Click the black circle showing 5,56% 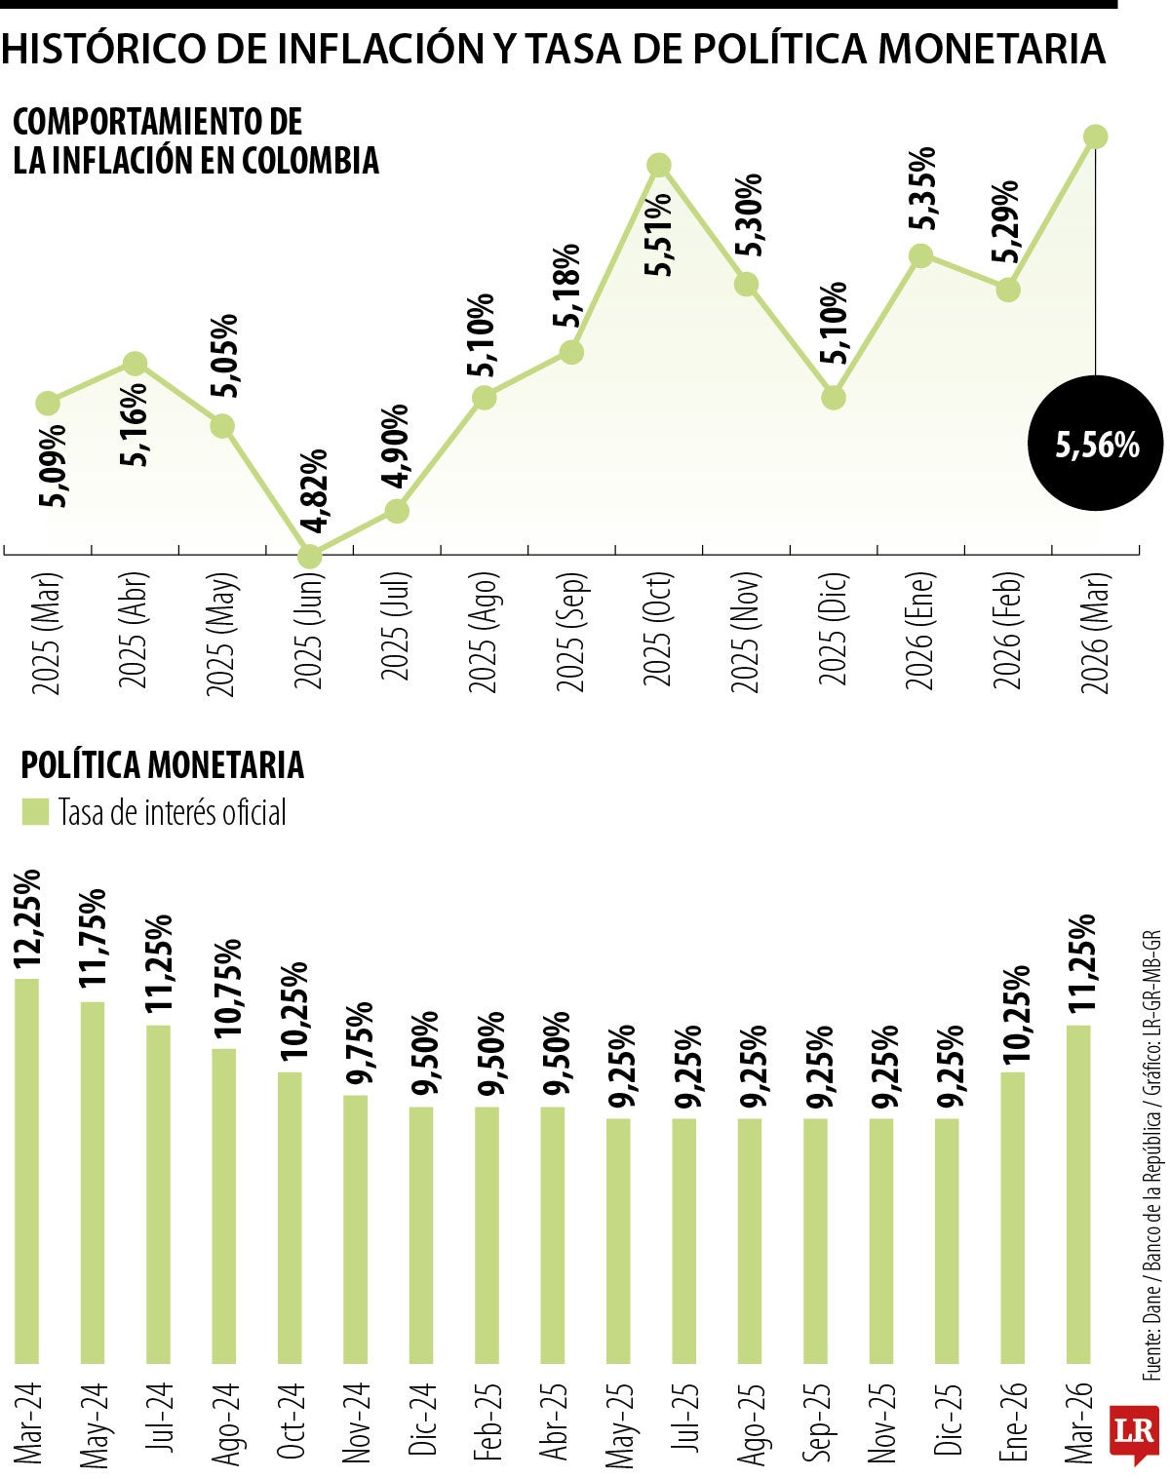(x=1096, y=444)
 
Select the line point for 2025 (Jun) (x=309, y=556)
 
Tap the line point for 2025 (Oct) (x=659, y=165)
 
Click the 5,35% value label (x=921, y=188)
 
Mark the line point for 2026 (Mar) (x=1096, y=136)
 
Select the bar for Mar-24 (x=27, y=1170)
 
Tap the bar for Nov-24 (x=356, y=1228)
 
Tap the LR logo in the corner (x=1135, y=1432)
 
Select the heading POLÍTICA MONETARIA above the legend (x=163, y=765)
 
